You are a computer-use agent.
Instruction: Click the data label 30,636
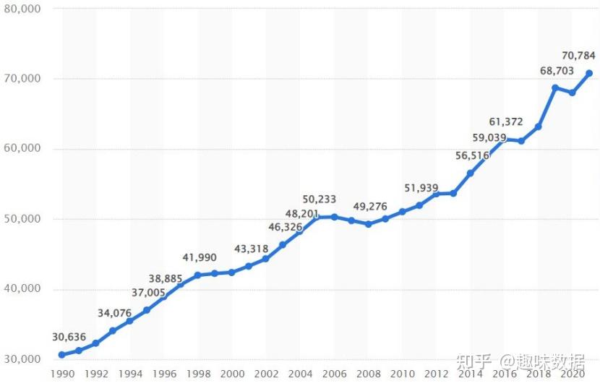[x=69, y=337]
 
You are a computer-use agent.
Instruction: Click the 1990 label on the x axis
[x=62, y=374]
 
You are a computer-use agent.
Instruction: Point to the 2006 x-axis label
[x=334, y=374]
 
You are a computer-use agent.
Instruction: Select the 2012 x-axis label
[x=437, y=374]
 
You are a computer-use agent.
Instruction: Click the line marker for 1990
[x=62, y=355]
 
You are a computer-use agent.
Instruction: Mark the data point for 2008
[x=368, y=224]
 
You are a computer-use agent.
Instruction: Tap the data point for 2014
[x=470, y=173]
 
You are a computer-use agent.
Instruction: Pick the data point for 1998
[x=197, y=275]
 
